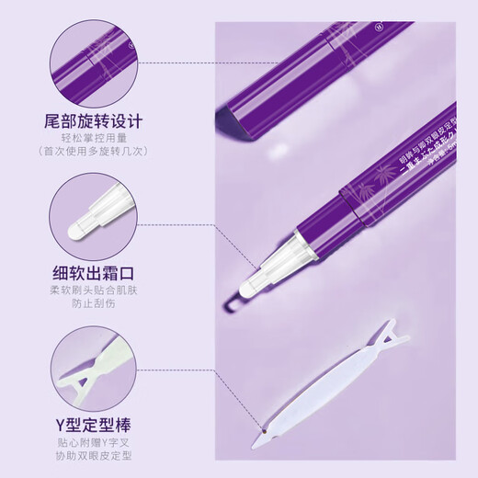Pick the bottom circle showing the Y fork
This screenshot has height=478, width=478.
[x=90, y=368]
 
